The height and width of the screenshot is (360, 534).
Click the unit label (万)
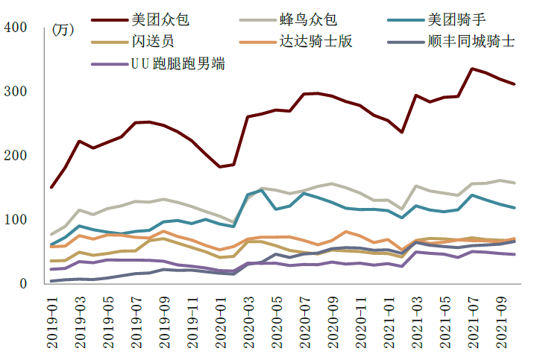tap(63, 31)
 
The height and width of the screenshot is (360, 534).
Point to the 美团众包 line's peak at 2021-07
tap(472, 69)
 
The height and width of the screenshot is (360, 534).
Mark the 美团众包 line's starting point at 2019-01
tap(52, 187)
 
